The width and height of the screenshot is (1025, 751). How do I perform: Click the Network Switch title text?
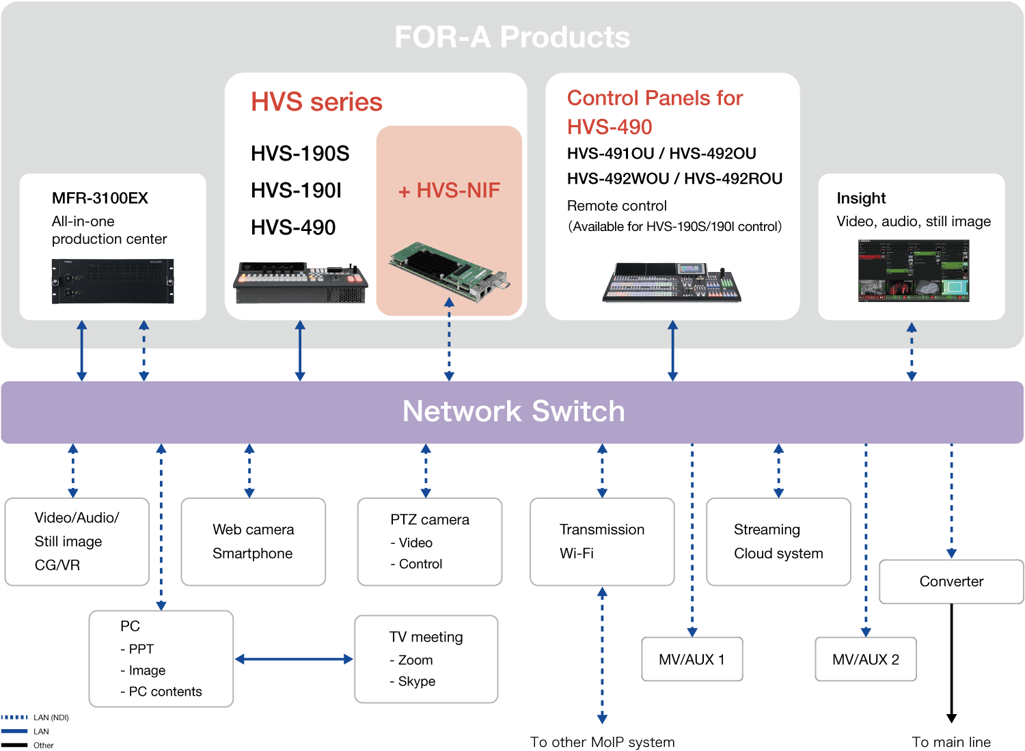point(513,411)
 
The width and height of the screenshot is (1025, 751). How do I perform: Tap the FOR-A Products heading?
point(512,37)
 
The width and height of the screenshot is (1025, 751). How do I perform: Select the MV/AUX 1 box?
point(692,659)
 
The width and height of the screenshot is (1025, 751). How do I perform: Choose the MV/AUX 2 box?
point(865,659)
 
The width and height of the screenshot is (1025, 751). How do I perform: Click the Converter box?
point(951,582)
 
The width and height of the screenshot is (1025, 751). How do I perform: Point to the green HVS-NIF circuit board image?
point(449,271)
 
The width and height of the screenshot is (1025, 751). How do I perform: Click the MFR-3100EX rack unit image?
point(113,281)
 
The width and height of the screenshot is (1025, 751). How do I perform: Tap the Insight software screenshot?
point(914,271)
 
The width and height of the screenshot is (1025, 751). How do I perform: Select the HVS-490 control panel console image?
point(672,282)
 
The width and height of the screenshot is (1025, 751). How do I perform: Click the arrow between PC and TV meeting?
point(294,659)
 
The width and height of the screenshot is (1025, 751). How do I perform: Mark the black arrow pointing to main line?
point(951,663)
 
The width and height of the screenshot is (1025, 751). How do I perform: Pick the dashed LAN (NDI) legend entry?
point(35,717)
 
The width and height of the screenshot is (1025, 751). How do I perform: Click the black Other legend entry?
point(27,745)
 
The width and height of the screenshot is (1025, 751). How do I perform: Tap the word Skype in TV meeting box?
point(416,681)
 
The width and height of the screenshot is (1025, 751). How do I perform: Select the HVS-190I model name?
point(296,191)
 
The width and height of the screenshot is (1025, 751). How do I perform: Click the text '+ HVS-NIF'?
point(449,191)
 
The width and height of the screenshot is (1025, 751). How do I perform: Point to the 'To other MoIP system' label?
point(602,742)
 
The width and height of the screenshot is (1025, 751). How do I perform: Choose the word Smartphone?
point(253,554)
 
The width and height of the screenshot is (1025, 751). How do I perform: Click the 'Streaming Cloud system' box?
point(778,541)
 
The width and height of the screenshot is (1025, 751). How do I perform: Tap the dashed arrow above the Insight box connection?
point(912,351)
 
